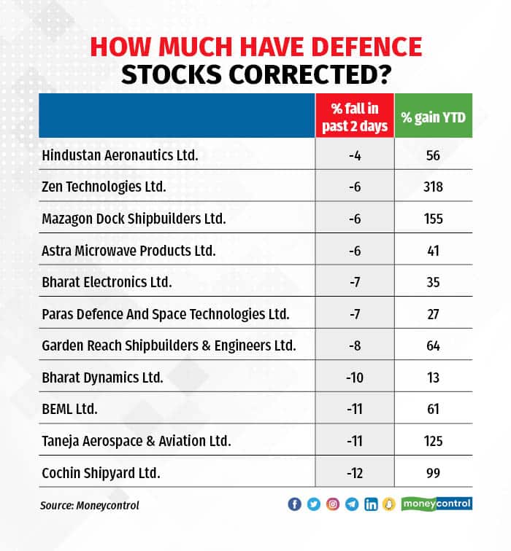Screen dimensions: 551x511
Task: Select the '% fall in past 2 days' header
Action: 355,117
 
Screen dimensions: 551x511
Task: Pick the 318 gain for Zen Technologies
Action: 434,187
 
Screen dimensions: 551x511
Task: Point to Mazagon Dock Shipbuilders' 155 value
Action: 434,218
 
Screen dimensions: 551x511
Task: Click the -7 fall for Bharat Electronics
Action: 355,281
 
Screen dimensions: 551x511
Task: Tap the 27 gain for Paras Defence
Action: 434,313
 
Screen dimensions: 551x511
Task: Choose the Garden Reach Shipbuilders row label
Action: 169,345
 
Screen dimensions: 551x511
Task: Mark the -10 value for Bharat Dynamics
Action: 355,377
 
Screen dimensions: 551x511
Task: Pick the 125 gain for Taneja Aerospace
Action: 434,440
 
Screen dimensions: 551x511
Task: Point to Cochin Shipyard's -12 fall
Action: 355,472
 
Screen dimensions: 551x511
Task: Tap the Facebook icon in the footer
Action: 294,504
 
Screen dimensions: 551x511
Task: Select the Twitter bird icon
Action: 313,504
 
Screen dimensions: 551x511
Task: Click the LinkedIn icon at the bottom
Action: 371,504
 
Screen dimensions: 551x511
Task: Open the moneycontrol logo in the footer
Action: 437,504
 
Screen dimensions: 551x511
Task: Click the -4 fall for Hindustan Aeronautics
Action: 355,155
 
